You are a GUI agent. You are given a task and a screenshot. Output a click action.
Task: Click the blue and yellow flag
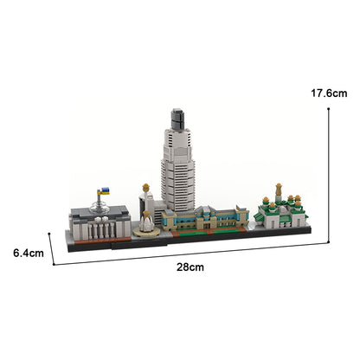click(104, 190)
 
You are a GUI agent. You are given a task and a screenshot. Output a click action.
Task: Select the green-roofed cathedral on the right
click(277, 213)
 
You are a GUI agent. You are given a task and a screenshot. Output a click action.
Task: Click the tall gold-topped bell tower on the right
click(278, 193)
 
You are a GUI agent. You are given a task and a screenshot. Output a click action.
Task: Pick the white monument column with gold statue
click(145, 199)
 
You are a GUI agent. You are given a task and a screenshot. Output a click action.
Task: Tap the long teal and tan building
click(208, 220)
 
